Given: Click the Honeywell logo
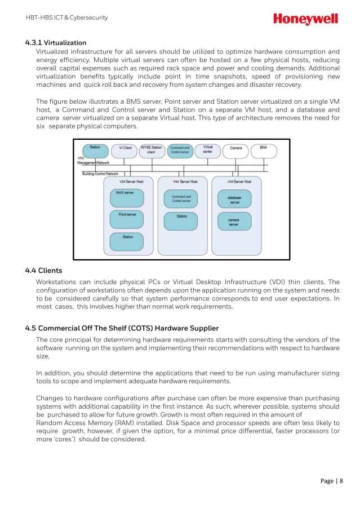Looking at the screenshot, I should coord(305,19).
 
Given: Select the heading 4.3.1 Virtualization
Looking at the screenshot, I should coord(56,42).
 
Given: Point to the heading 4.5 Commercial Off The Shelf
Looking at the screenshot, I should coord(122,328).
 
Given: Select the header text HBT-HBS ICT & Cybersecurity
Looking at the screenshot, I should coord(66,17).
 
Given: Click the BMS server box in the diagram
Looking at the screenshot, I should coord(127,197).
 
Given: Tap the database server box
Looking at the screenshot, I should coord(234,198).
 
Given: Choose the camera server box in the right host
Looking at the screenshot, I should coord(234,221).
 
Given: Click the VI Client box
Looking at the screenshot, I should coord(125,151).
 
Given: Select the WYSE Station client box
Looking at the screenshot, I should coord(152,151).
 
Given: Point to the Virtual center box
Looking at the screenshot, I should coord(208,151).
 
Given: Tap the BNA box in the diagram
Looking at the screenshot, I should coord(263,151).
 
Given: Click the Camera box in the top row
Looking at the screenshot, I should coord(236,151).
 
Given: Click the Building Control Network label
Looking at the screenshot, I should coord(100,174).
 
